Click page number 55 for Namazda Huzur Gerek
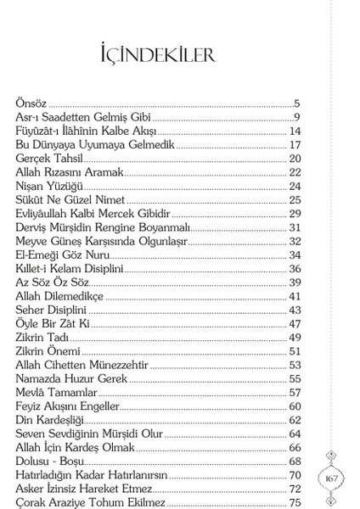[295, 378]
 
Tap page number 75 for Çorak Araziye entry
[295, 502]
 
